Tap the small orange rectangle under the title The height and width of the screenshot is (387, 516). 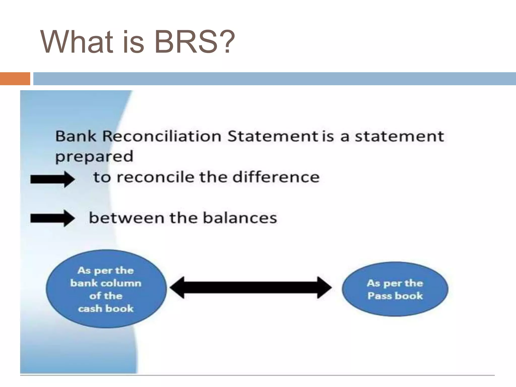[15, 79]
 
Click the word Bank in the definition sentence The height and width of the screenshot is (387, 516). [76, 136]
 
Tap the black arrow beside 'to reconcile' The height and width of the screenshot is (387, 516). [52, 179]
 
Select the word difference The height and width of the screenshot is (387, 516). [276, 177]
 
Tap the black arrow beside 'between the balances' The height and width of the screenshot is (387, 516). [52, 218]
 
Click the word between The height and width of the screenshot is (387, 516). [127, 218]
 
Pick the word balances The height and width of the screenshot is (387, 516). [240, 218]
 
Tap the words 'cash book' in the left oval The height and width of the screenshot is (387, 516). [106, 309]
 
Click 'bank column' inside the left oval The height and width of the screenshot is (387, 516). [106, 283]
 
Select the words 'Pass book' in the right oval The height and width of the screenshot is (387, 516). [395, 296]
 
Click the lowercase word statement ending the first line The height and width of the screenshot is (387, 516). [399, 136]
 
